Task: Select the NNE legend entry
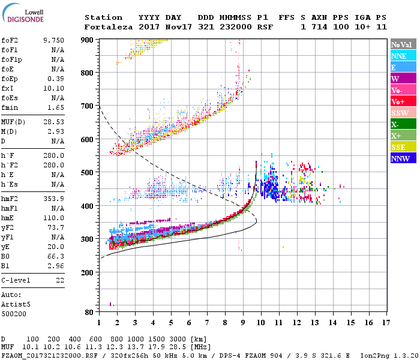pyautogui.click(x=398, y=56)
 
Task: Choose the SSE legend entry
pyautogui.click(x=398, y=147)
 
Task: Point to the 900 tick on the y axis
pyautogui.click(x=88, y=40)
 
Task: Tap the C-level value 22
pyautogui.click(x=59, y=280)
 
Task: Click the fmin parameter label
pyautogui.click(x=11, y=107)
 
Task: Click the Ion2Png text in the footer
pyautogui.click(x=374, y=355)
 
